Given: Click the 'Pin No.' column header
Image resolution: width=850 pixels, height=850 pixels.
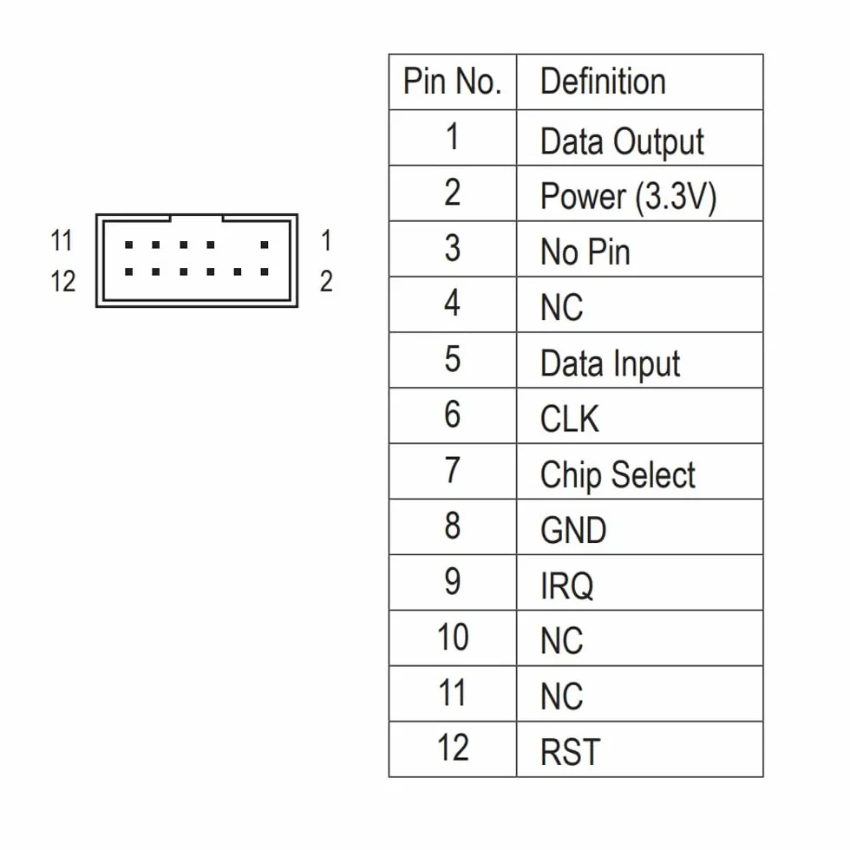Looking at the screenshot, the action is pos(452,82).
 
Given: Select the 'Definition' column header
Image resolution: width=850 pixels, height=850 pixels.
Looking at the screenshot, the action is pos(603,82).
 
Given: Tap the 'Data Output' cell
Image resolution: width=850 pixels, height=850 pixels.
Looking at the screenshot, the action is pos(622,142).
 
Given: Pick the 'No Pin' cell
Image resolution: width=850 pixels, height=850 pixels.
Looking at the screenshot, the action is pos(585,252).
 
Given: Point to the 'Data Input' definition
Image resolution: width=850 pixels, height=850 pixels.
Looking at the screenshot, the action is pos(610,363).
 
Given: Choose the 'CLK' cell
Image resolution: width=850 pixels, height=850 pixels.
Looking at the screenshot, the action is pos(570,419).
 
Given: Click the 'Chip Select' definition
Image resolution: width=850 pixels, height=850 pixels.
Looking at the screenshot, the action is pos(618,475).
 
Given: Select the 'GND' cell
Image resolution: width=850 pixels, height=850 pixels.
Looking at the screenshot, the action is pos(573,530).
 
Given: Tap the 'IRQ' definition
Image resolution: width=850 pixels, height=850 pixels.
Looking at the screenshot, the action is pos(566,586).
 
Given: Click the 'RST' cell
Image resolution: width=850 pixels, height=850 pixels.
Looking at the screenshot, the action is pos(571,753).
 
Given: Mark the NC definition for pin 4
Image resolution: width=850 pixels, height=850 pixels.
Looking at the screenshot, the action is pos(562,307).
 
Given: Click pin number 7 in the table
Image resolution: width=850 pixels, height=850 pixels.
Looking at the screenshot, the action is pos(453,470).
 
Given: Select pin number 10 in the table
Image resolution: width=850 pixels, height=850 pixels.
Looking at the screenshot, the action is pos(453,637).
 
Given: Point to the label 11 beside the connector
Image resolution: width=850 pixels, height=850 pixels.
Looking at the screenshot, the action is pos(62,240).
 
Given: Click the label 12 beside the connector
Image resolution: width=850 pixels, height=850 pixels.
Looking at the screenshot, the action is pos(62,281).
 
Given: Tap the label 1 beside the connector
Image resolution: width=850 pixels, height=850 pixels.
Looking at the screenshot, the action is pos(326,240).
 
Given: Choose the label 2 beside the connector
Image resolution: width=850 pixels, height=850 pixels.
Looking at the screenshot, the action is pos(326,281).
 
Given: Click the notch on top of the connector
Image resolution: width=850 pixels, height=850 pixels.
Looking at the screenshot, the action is pos(196,218).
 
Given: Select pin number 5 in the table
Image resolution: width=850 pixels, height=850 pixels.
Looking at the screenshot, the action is pos(453,359).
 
